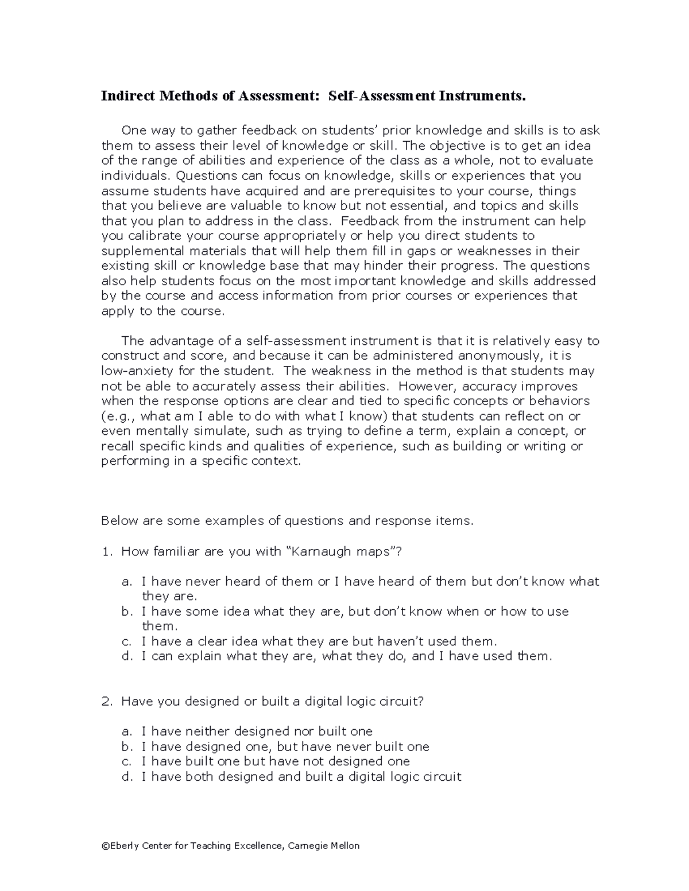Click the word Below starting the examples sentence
(118, 521)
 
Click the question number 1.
(106, 552)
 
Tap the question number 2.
(106, 701)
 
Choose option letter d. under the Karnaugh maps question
(127, 656)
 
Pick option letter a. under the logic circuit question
(127, 732)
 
